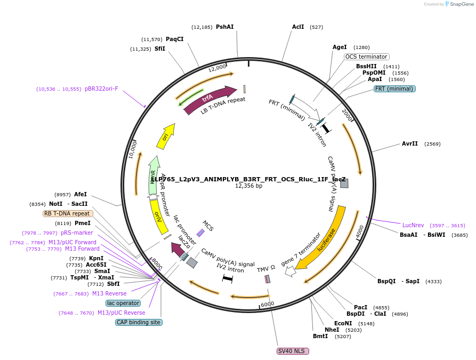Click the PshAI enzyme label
[224, 27]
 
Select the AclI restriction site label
[298, 27]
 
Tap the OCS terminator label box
[366, 57]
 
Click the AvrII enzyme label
[410, 143]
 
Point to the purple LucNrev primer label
[413, 225]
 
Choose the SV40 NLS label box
[293, 351]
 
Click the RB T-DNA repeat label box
[68, 213]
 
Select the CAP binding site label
[139, 322]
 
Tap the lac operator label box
[123, 303]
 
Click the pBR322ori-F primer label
[101, 89]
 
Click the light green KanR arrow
[154, 175]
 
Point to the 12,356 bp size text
[248, 186]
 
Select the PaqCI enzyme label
[174, 39]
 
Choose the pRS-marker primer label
[77, 233]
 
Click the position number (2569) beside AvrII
[432, 143]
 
